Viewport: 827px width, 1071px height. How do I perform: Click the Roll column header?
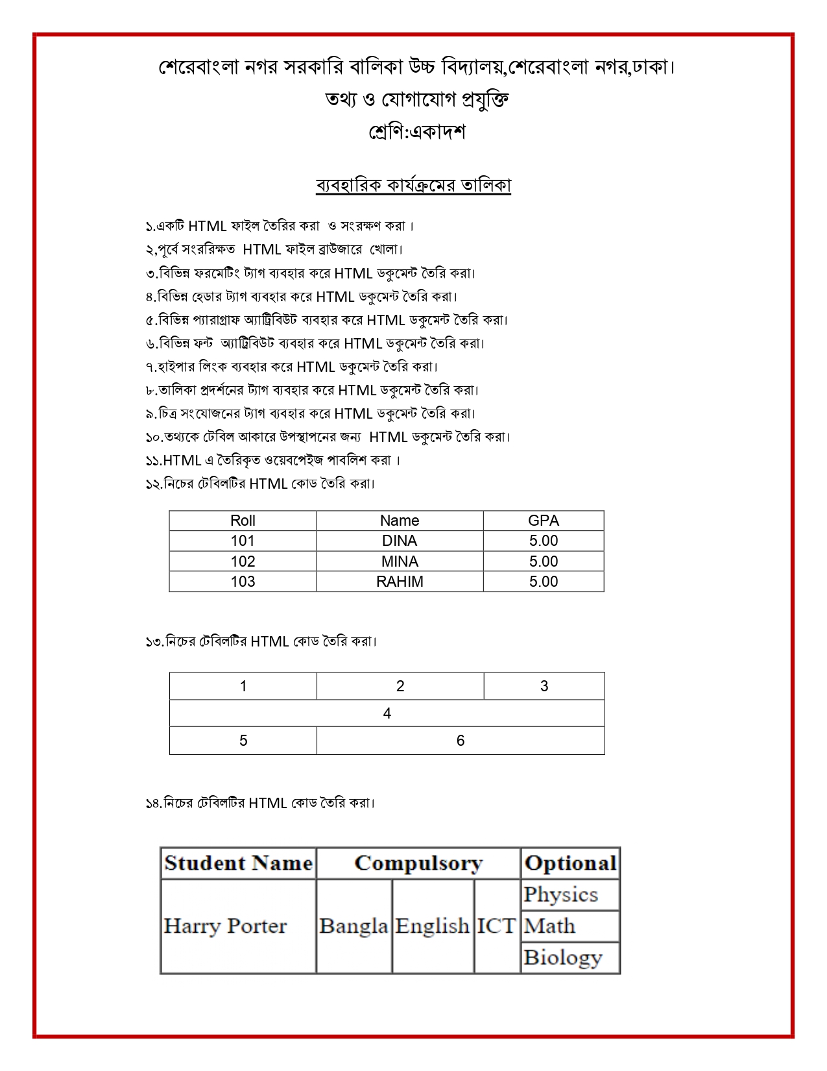tap(243, 521)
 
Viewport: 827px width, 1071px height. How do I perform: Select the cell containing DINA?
tap(400, 541)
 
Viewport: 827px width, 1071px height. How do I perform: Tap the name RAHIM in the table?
tap(400, 582)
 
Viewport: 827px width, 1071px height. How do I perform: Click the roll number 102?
tap(243, 561)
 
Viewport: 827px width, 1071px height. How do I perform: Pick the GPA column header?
tap(544, 521)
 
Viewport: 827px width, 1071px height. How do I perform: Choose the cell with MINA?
tap(400, 561)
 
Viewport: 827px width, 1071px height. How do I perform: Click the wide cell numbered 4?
tap(387, 713)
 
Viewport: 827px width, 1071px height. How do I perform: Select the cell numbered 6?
tap(461, 741)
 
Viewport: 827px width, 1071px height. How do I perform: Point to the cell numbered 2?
tap(400, 686)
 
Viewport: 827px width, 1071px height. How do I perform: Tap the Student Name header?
tap(238, 863)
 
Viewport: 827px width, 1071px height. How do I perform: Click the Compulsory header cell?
tap(418, 863)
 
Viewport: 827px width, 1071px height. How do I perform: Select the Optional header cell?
tap(570, 863)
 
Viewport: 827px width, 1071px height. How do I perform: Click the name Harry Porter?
tap(225, 926)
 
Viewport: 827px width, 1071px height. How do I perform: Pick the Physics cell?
tap(561, 894)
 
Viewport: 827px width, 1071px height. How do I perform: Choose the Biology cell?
tap(563, 957)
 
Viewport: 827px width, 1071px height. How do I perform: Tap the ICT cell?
tap(496, 926)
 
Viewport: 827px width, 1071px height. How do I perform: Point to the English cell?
tap(433, 926)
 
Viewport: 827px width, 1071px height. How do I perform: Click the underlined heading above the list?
tap(413, 186)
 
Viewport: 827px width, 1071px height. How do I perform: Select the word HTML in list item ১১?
tap(182, 461)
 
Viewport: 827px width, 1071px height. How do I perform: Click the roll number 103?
tap(243, 582)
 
